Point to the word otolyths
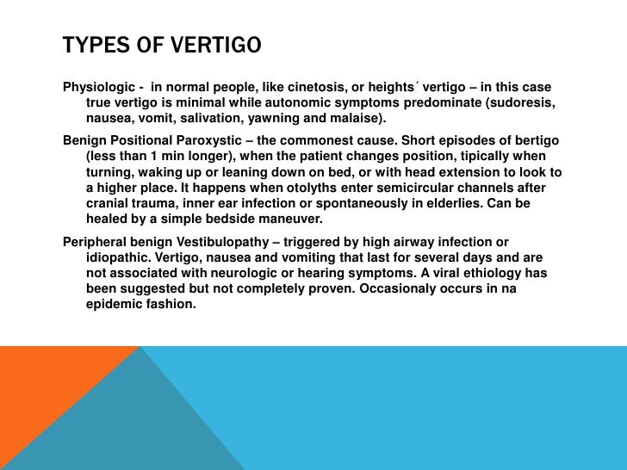[310, 188]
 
